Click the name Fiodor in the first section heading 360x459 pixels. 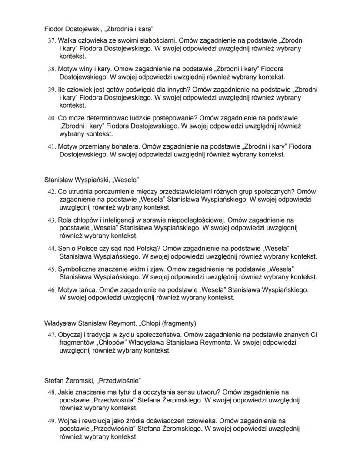click(53, 29)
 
